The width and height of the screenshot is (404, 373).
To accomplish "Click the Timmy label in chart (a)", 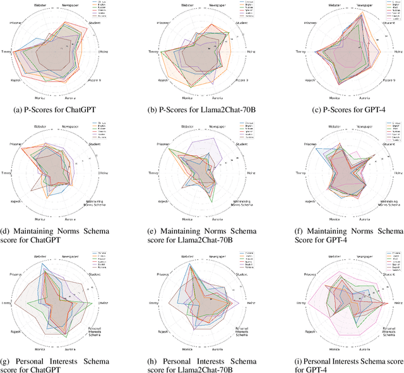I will pos(7,52).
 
